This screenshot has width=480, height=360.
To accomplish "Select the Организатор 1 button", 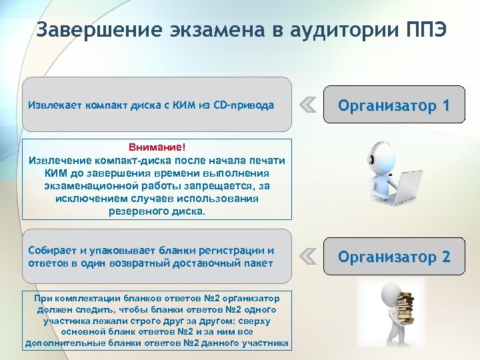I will (393, 105).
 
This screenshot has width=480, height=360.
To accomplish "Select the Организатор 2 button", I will (393, 256).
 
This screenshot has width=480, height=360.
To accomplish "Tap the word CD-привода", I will (243, 105).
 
